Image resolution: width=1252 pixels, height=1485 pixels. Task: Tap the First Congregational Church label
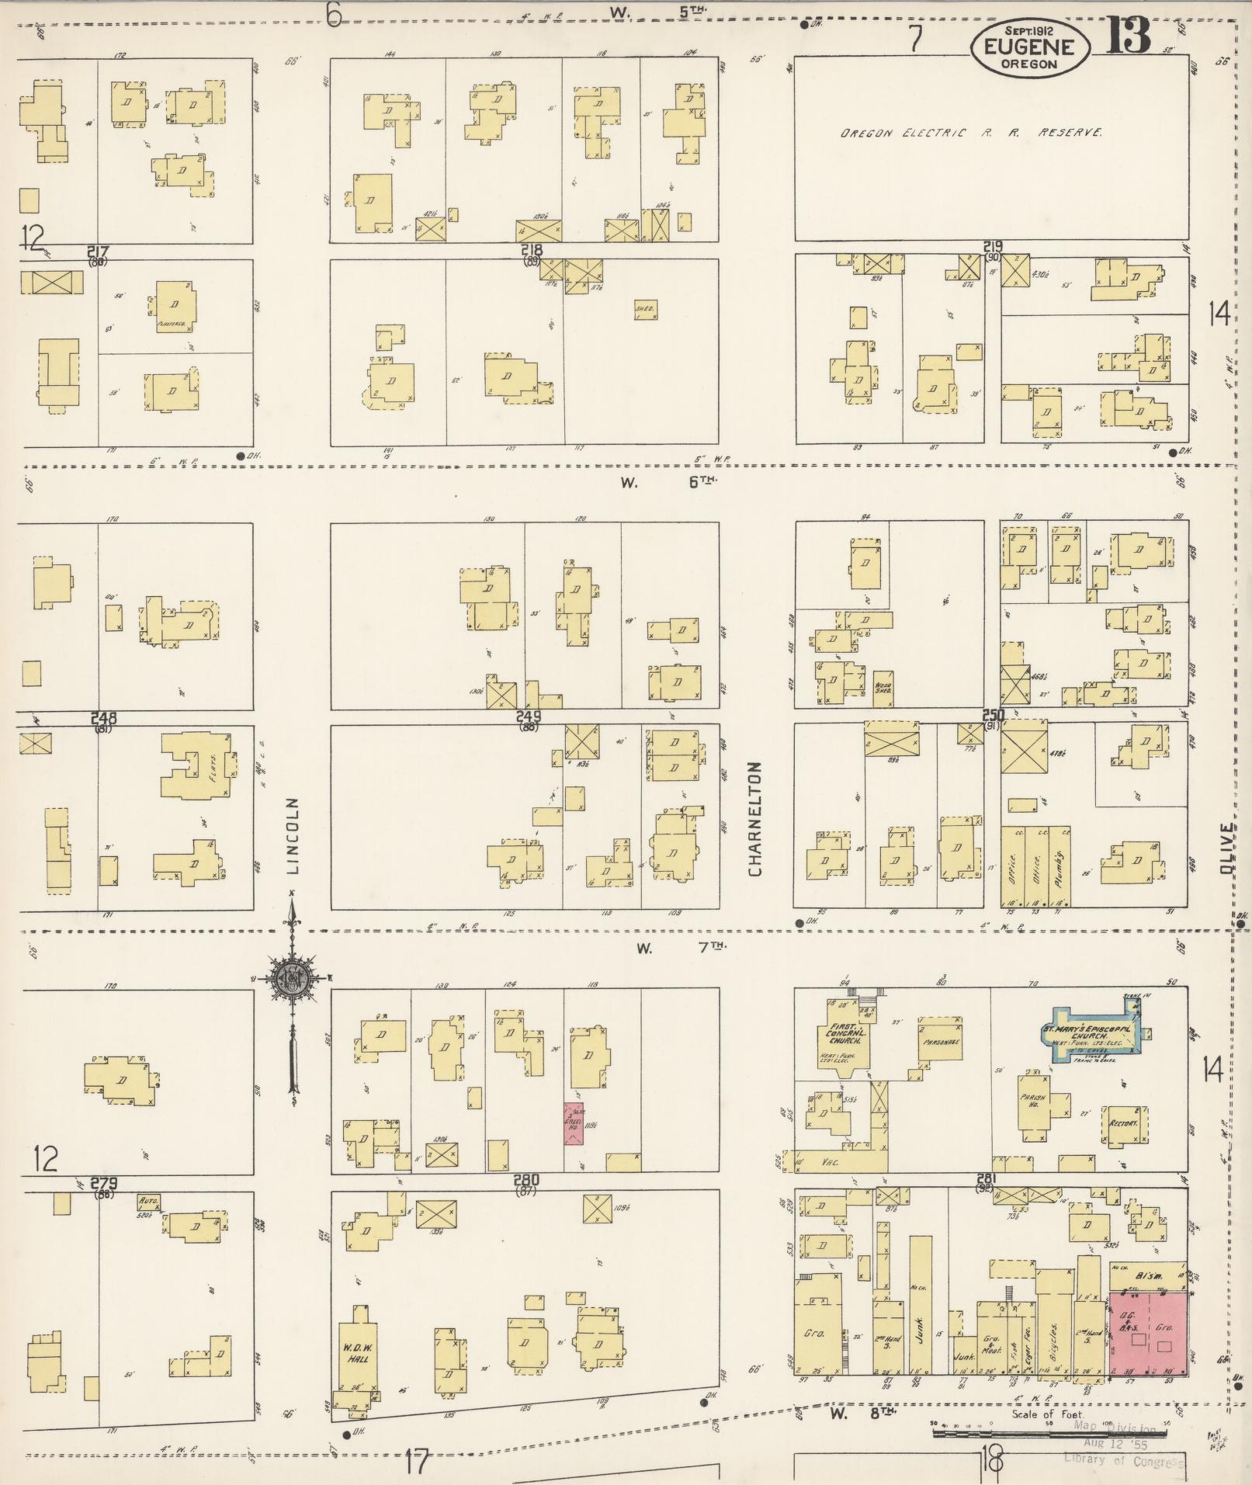point(837,1033)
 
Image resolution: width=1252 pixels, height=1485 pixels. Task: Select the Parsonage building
point(938,1042)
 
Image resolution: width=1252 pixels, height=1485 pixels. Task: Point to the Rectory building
point(1123,1124)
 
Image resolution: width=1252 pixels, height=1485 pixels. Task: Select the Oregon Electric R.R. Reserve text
point(970,134)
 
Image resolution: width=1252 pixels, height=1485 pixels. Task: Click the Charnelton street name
point(756,818)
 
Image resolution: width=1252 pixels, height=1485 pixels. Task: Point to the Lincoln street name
point(293,836)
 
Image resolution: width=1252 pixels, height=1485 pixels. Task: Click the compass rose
point(292,979)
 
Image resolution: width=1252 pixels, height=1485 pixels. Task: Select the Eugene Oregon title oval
point(1029,48)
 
